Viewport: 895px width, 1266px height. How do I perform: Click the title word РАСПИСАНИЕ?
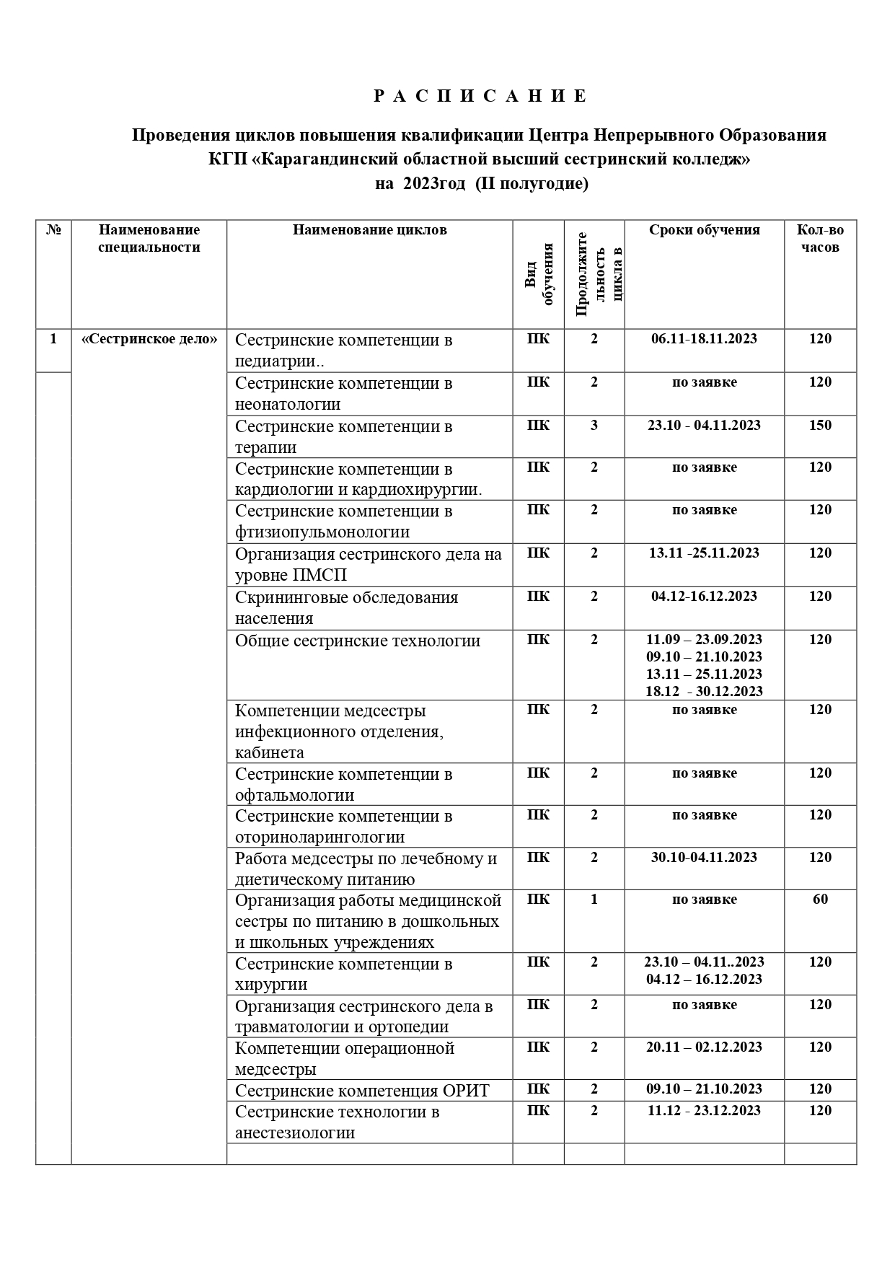(481, 96)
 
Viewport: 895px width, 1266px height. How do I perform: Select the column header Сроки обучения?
(704, 230)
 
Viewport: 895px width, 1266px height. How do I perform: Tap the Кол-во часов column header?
(820, 239)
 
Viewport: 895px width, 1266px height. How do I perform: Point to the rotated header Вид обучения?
(539, 274)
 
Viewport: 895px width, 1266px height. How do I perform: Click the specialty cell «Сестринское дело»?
(149, 339)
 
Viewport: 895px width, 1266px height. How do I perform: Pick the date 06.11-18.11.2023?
(704, 339)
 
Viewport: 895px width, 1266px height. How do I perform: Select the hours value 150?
(820, 425)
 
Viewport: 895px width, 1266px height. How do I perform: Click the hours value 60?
(820, 899)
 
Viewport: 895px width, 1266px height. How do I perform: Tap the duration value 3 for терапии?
(594, 425)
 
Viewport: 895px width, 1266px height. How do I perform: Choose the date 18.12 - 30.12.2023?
(704, 691)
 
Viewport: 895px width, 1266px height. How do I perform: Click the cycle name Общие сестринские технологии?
(358, 641)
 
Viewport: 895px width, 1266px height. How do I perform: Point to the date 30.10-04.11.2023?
(704, 857)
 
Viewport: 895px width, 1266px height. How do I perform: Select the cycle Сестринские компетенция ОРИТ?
(362, 1090)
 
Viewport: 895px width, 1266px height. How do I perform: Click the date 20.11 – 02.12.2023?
(704, 1047)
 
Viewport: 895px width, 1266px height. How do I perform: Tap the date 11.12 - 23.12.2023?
(704, 1110)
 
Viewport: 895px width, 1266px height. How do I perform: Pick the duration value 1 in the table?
(594, 899)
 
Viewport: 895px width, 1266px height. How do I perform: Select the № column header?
(53, 230)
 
